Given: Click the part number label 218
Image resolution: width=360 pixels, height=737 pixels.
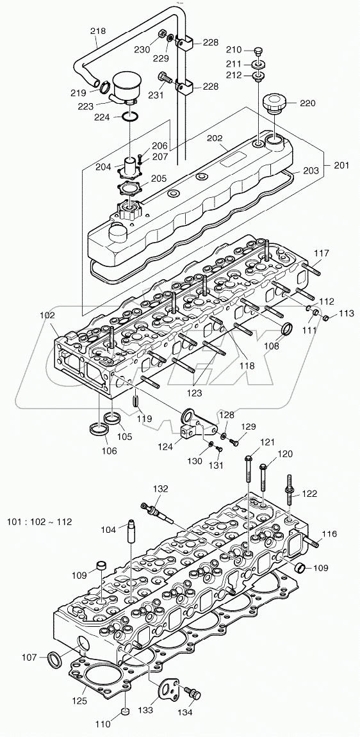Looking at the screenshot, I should [98, 30].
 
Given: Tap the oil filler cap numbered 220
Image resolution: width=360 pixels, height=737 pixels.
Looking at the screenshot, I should [276, 103].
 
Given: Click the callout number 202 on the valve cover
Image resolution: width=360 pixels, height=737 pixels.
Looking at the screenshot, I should [215, 138].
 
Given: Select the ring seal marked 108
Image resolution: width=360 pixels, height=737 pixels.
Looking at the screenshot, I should [289, 330].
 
